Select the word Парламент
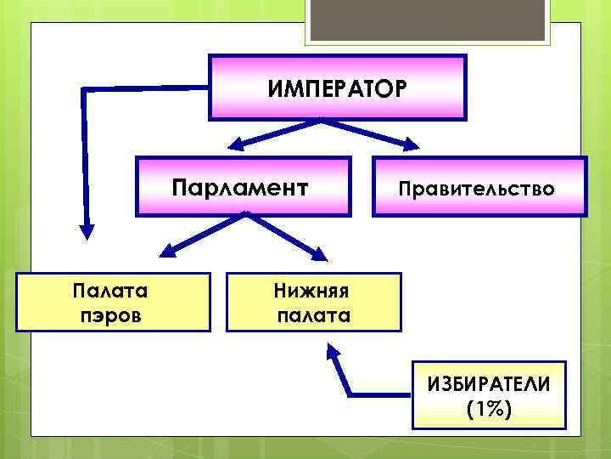point(239,186)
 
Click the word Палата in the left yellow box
point(113,291)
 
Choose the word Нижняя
point(311,291)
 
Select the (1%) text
point(488,409)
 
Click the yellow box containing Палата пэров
point(113,302)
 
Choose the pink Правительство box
point(479,187)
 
